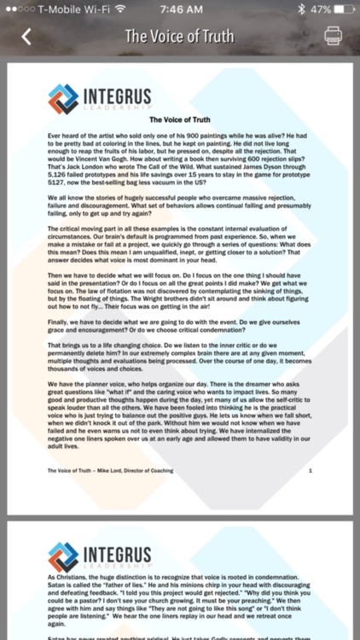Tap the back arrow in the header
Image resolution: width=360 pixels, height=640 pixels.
(26, 37)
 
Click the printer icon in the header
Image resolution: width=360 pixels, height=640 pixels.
(334, 37)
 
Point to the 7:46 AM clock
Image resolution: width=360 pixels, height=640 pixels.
(179, 9)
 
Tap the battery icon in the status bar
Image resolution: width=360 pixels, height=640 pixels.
(341, 9)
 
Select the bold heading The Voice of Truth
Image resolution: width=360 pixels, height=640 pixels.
(179, 121)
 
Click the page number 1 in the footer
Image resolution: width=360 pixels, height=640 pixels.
(311, 470)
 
